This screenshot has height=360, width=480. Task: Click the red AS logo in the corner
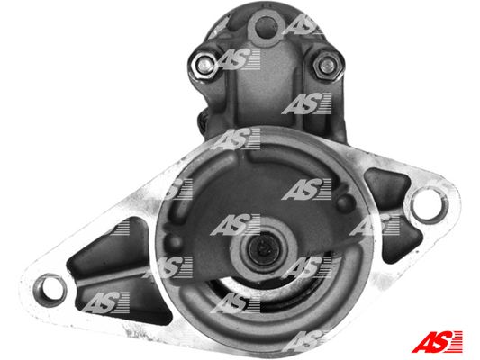pos(437,341)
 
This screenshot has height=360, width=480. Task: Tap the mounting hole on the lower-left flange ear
pos(50,290)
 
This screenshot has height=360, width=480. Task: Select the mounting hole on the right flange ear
pos(428,204)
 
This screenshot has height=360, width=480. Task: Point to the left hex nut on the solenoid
pos(204,64)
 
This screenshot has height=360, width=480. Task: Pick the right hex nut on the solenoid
pos(327,65)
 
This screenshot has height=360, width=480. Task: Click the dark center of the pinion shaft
pos(263,247)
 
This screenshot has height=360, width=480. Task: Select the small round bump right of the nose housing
pos(344,202)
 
